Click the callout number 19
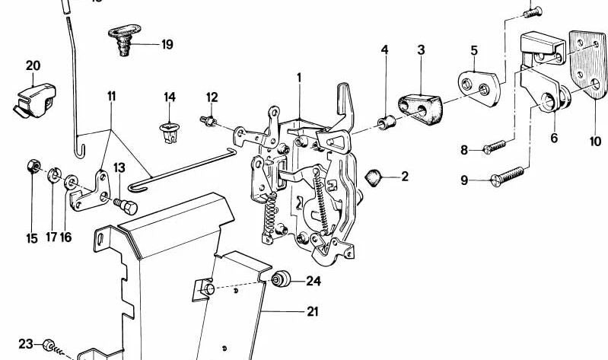coord(167,44)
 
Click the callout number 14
coord(170,97)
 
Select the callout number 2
coord(405,177)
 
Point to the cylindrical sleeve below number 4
coord(386,121)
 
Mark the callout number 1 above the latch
coord(300,78)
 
